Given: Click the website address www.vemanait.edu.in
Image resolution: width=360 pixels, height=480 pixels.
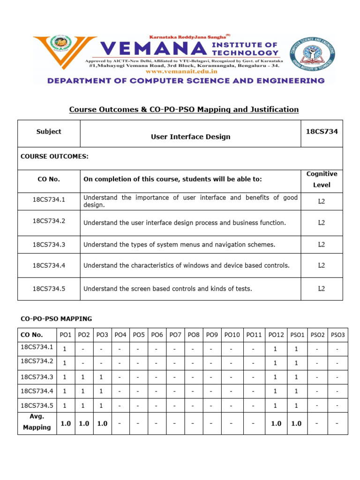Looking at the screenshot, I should pos(184,72).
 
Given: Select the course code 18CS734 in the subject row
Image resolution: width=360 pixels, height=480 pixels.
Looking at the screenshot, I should pos(322,132).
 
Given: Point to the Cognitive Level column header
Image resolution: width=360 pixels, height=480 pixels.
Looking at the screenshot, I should pos(322,180).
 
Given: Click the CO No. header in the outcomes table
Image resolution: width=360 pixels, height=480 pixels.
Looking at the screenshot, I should pos(49,179).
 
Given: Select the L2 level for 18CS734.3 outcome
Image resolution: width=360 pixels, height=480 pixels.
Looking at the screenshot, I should pos(322,244).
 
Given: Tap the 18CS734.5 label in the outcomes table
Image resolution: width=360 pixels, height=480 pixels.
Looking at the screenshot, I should pos(49,289).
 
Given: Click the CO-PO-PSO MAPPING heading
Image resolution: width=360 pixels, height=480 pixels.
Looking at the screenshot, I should pos(56,319).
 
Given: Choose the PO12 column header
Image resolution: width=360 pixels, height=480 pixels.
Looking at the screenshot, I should pos(276,335).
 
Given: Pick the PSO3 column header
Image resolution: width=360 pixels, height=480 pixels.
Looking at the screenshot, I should pos(337,335).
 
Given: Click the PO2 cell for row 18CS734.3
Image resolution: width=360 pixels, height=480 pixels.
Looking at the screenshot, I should pos(83,377).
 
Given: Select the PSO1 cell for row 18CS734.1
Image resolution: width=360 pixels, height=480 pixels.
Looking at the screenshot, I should pos(296,349).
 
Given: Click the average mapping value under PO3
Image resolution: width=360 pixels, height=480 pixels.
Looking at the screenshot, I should pos(102,423).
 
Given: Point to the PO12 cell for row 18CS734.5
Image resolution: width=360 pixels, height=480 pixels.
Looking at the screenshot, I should pos(276,405).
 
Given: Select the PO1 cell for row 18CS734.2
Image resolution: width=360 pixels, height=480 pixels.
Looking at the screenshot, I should pos(65,363).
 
